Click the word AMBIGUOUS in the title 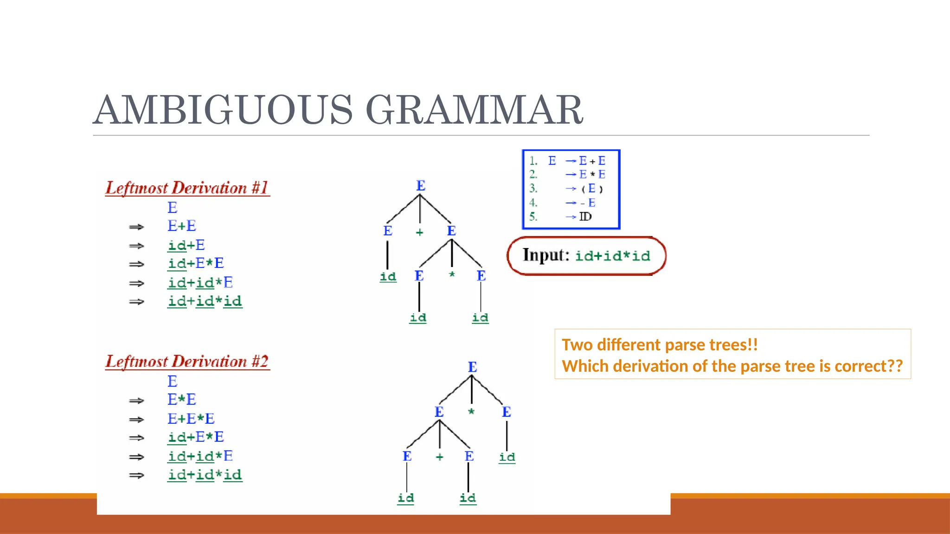(223, 110)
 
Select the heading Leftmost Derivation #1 (187, 188)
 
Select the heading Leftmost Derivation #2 (187, 361)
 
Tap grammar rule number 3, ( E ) (591, 189)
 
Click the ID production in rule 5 (585, 216)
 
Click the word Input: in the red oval (546, 255)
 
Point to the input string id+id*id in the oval (612, 256)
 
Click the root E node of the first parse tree (421, 186)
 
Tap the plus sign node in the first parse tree (419, 232)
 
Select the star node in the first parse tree (452, 275)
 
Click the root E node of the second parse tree (472, 367)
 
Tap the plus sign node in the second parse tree (439, 457)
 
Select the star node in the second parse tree (471, 412)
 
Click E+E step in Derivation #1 (182, 226)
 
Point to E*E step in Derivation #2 (182, 399)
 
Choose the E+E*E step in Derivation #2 (191, 419)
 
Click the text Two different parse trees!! (660, 345)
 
